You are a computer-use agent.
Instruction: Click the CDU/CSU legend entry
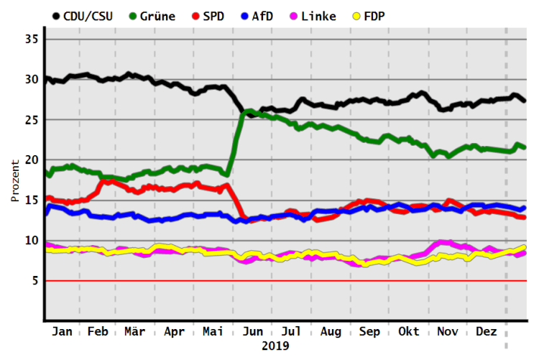pos(87,15)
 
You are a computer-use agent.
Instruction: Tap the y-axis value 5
pos(34,281)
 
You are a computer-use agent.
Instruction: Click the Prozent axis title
pos(14,180)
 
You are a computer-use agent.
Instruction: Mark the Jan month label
pos(63,332)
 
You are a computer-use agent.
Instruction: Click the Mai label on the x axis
pos(213,332)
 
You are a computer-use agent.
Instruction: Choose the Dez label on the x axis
pos(487,332)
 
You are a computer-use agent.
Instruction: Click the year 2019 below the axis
pos(275,346)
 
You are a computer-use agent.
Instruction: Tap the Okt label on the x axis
pos(408,332)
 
